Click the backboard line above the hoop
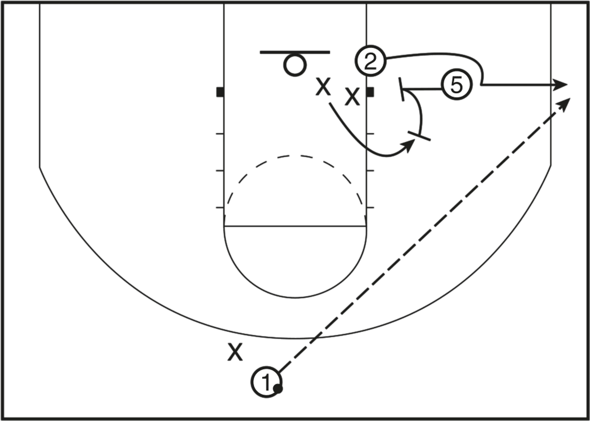(295, 52)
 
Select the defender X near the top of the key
(235, 351)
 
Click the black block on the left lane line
(219, 93)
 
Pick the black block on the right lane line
(369, 93)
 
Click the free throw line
(295, 224)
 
